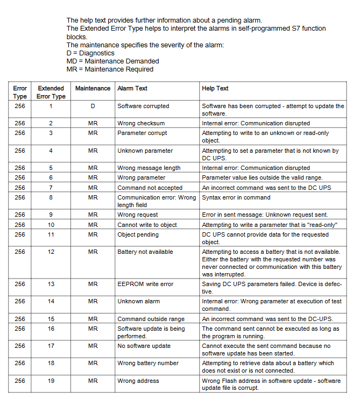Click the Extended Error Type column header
pos(51,92)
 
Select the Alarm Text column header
pos(132,88)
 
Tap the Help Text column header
pos(215,88)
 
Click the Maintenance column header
pos(93,88)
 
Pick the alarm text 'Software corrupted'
pos(143,106)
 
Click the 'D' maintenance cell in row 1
pos(93,106)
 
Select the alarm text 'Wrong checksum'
pos(141,123)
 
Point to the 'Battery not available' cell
pos(145,252)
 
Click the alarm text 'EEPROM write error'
pos(145,284)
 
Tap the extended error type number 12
pos(51,252)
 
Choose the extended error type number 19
pos(51,381)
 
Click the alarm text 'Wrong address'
pos(138,381)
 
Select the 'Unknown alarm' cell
pos(139,301)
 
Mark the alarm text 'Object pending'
pos(138,234)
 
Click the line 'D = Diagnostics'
pos(90,53)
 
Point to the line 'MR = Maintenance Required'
pos(110,69)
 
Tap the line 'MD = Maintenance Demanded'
pos(112,61)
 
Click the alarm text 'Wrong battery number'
pos(148,363)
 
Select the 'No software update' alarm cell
pos(144,346)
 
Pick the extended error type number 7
pos(51,188)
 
